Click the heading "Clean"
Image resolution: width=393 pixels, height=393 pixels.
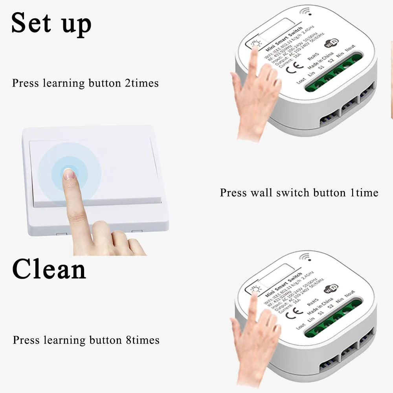click(x=49, y=269)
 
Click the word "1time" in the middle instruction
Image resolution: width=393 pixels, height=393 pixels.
click(x=364, y=193)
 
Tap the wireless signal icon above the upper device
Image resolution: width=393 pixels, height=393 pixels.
click(x=305, y=11)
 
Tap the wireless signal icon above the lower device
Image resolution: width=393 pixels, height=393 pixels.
click(x=305, y=257)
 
